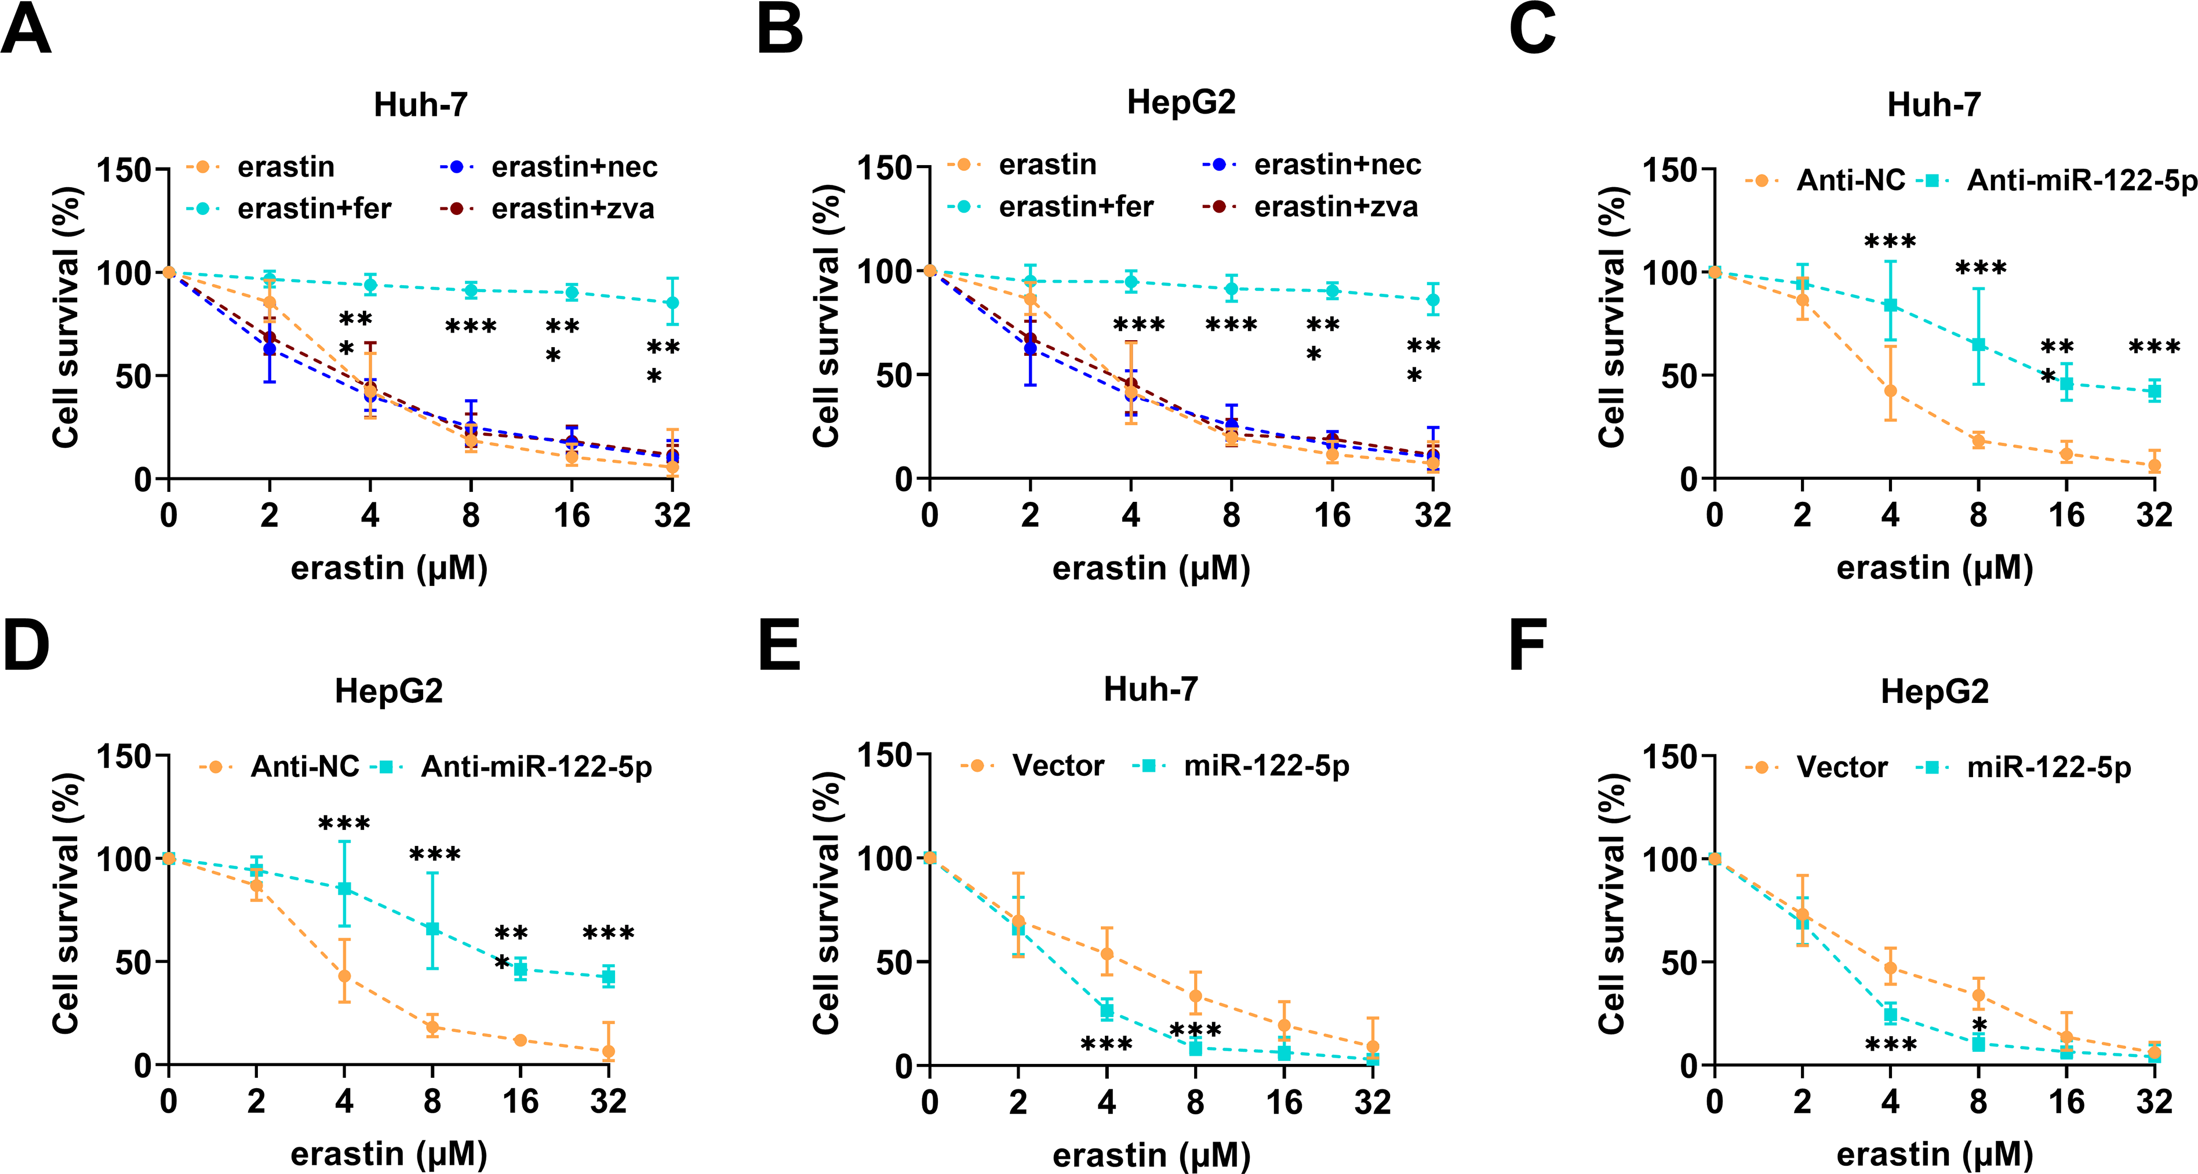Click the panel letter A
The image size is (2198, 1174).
click(27, 30)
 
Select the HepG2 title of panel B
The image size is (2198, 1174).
click(1181, 103)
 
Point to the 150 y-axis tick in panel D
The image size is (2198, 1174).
click(123, 757)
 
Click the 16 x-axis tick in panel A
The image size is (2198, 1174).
click(572, 515)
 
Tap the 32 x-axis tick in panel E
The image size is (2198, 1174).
click(1372, 1102)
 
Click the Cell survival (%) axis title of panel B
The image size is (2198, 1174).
click(827, 316)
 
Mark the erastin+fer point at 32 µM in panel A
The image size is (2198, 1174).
click(672, 303)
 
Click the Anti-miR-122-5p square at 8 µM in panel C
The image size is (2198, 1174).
click(1978, 345)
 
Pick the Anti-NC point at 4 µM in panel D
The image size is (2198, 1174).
click(344, 976)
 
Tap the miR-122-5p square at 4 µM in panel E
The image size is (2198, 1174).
click(1107, 1011)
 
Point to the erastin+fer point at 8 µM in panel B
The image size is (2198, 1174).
click(1231, 289)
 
